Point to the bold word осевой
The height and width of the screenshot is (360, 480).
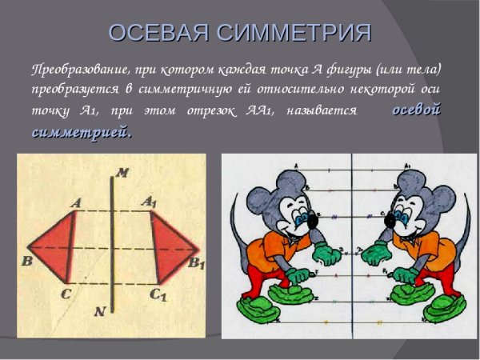[x=416, y=110]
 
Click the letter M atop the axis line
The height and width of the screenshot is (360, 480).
[x=122, y=171]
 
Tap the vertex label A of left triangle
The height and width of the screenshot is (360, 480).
[x=76, y=203]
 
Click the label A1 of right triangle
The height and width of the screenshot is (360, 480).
[x=150, y=202]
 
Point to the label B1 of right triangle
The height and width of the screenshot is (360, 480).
[x=197, y=262]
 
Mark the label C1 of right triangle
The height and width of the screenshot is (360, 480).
[x=158, y=294]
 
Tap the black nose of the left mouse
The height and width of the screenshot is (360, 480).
[x=312, y=218]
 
